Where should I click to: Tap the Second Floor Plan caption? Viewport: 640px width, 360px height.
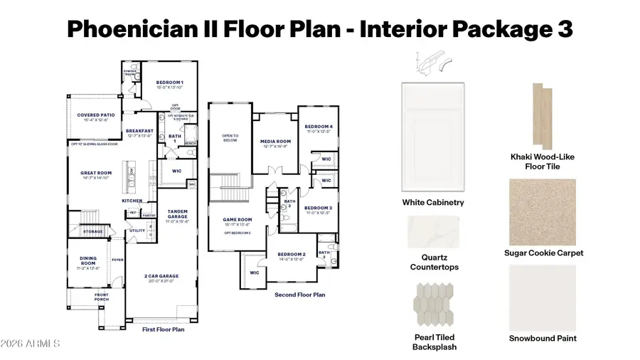[x=299, y=293]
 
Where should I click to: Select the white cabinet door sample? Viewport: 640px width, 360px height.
[x=433, y=137]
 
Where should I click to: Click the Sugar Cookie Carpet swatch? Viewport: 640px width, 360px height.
[x=544, y=211]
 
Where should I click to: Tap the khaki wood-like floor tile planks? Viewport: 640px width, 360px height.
[x=544, y=116]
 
